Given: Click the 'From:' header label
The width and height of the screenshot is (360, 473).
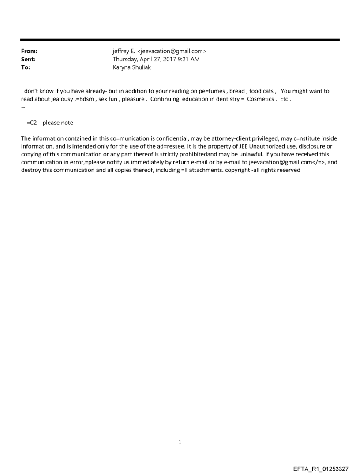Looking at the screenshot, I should [x=29, y=52].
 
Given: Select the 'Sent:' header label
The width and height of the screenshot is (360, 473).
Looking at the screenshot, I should [x=28, y=60].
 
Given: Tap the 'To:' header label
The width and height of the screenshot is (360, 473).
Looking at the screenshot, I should [x=26, y=67].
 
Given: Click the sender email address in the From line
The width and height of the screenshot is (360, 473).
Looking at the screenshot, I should [x=174, y=52].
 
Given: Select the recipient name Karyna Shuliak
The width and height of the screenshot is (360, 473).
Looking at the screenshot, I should [x=132, y=67].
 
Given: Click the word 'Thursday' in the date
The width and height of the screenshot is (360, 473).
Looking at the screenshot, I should [x=126, y=60].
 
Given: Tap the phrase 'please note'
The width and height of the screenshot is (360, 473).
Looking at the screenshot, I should [x=58, y=123].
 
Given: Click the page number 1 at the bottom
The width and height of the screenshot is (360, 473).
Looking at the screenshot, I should [x=180, y=442].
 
